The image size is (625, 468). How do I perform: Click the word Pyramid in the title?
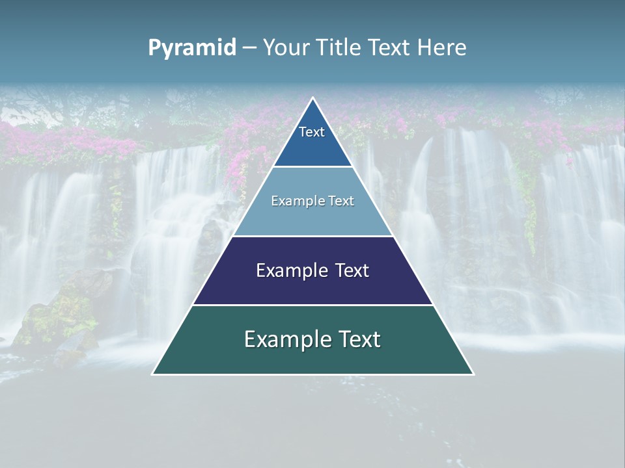[191, 48]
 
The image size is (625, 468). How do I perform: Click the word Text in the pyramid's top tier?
[312, 132]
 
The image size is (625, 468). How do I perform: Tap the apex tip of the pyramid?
[313, 99]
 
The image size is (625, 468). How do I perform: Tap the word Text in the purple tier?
[352, 270]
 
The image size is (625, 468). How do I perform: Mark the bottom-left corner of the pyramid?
[153, 374]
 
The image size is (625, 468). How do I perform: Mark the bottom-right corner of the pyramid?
[473, 374]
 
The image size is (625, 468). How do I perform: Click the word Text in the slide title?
[391, 48]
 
